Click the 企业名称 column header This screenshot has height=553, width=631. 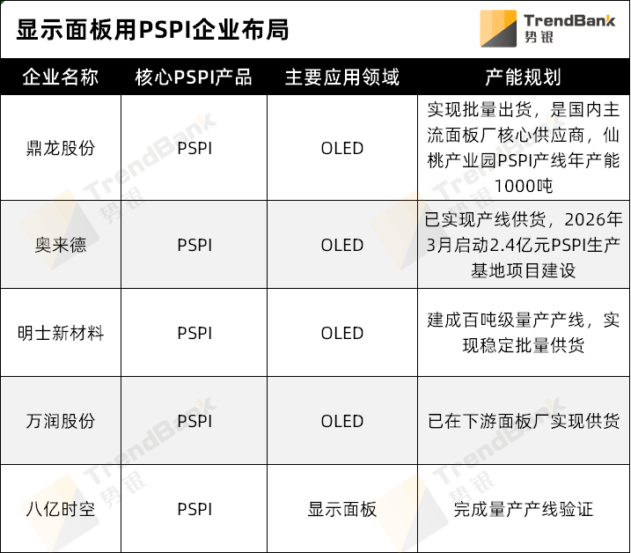click(x=60, y=77)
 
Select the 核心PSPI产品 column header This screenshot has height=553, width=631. click(x=194, y=77)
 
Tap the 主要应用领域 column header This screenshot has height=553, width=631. click(x=342, y=77)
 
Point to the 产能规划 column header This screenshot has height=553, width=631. click(x=523, y=77)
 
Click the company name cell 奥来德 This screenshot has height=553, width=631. click(x=60, y=245)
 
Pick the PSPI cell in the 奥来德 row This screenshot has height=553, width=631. click(x=194, y=245)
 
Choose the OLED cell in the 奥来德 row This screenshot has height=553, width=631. click(x=342, y=245)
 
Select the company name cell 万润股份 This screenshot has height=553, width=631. click(x=60, y=421)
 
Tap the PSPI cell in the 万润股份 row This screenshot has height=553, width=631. click(x=194, y=421)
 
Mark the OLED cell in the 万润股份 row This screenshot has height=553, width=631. click(x=342, y=421)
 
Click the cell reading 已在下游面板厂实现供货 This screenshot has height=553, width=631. click(x=524, y=421)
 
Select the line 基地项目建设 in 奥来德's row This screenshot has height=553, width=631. click(x=524, y=270)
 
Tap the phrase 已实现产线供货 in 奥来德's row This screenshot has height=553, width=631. click(x=485, y=219)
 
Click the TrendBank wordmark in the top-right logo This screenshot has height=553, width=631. click(x=569, y=19)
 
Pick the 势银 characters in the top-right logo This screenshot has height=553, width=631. click(x=539, y=37)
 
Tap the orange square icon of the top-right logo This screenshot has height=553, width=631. click(x=498, y=28)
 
